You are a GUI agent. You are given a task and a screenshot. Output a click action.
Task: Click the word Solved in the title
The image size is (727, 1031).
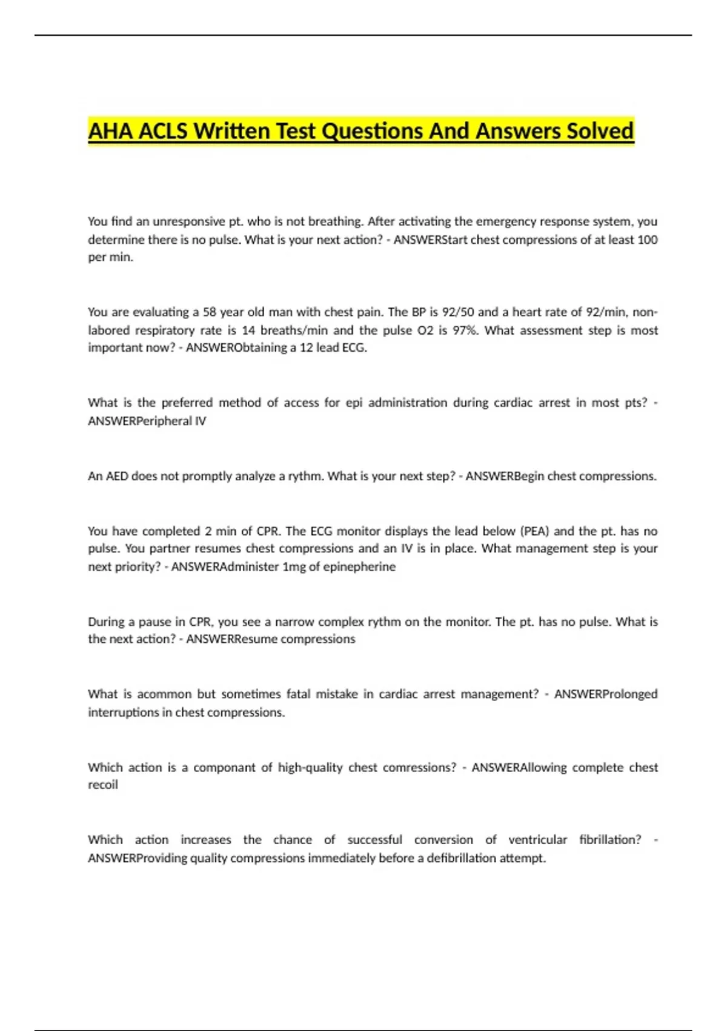[x=600, y=131]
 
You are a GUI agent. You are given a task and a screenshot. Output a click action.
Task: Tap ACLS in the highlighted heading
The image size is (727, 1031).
[x=163, y=131]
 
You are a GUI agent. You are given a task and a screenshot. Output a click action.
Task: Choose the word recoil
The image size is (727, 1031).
[x=103, y=785]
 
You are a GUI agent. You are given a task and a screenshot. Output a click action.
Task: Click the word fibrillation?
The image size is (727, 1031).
[x=610, y=840]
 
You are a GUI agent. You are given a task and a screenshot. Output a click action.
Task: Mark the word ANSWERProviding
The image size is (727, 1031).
[x=138, y=858]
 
